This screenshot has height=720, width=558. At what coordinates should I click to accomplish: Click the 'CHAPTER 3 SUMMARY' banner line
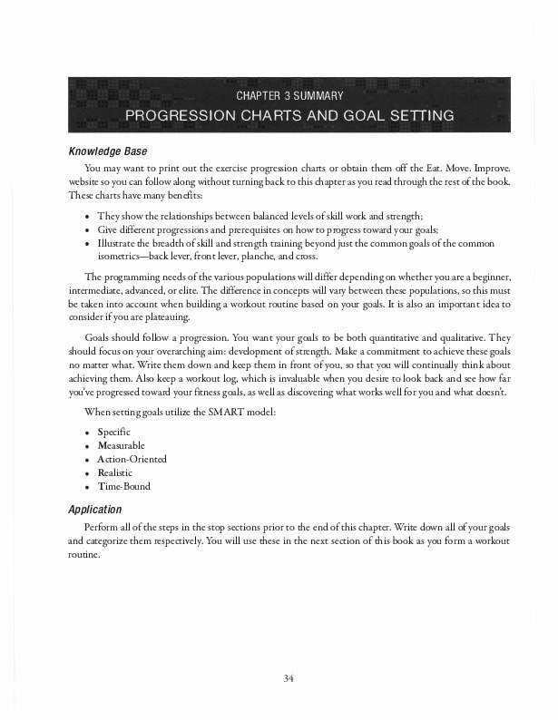point(289,95)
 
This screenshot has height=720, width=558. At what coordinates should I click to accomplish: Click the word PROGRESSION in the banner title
point(177,116)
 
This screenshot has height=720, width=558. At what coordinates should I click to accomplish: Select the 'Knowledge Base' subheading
point(107,151)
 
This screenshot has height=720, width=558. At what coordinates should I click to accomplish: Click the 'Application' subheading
point(95,510)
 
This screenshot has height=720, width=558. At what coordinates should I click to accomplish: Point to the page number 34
point(289,677)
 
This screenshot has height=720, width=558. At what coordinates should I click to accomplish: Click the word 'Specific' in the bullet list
point(113,432)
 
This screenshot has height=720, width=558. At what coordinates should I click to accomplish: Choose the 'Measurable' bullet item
point(121,445)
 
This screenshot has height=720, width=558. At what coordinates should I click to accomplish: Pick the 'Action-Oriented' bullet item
point(132,459)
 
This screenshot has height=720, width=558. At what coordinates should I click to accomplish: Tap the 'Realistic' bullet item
point(115,472)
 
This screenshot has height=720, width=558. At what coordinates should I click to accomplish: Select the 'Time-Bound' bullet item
point(123,486)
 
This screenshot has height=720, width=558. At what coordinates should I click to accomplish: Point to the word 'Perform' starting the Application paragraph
point(99,527)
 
